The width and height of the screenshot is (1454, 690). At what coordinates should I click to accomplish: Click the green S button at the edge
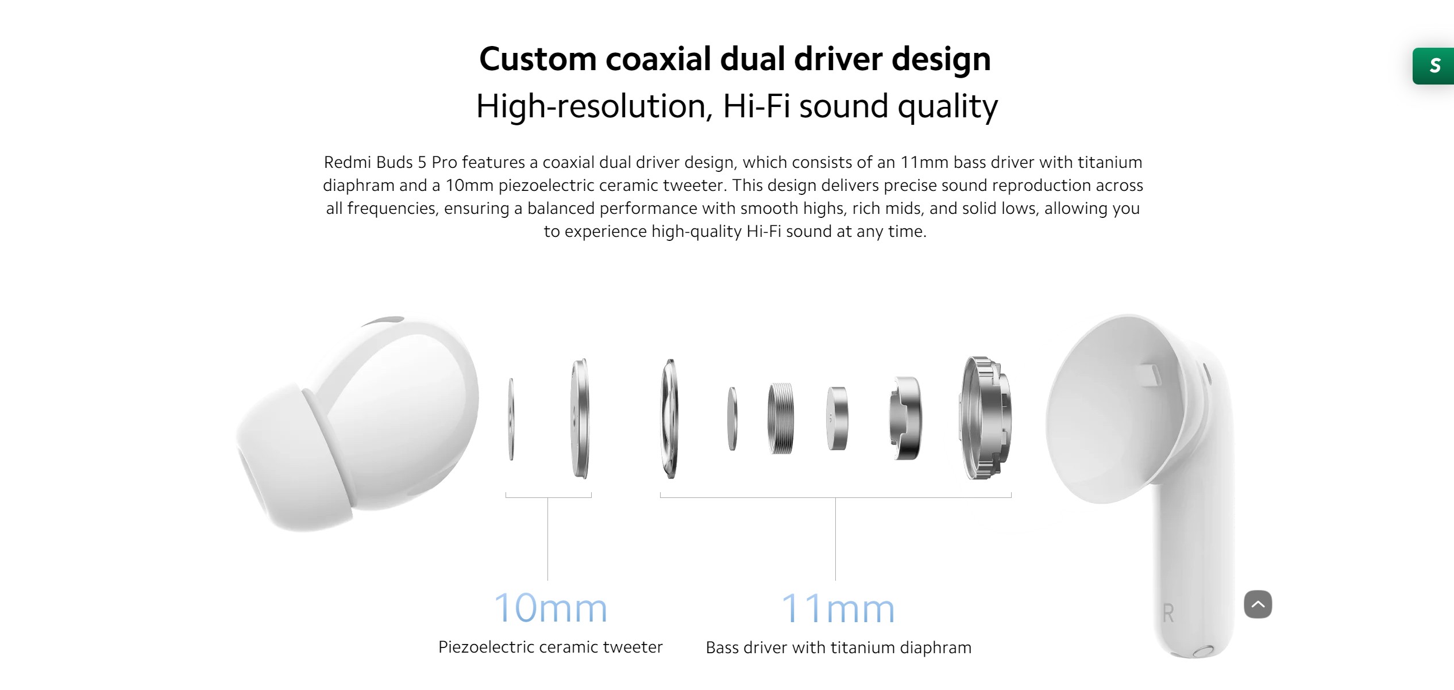click(1434, 66)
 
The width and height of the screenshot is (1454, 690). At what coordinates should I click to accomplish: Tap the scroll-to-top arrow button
click(1258, 604)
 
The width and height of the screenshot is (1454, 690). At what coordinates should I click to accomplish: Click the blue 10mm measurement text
click(550, 608)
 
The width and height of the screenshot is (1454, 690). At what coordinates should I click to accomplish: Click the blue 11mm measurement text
click(838, 608)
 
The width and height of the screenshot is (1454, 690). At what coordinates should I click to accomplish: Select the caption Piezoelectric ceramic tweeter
click(550, 647)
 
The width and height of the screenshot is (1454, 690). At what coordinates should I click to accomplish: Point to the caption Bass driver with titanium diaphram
click(838, 648)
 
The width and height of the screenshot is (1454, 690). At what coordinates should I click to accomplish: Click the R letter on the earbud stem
click(1168, 613)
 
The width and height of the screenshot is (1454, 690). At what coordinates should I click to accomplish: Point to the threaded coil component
click(781, 418)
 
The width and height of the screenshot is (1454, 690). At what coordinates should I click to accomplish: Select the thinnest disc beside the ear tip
click(511, 419)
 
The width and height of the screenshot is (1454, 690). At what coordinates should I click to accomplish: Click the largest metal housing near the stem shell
click(985, 418)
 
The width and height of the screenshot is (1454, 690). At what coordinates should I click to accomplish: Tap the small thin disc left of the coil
click(732, 419)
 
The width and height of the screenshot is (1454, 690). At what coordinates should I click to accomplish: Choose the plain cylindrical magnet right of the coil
click(837, 418)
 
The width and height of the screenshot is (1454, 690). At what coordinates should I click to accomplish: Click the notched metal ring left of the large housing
click(905, 418)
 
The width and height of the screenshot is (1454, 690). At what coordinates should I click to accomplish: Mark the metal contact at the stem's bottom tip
click(1204, 651)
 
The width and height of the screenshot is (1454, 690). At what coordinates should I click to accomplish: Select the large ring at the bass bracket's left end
click(670, 419)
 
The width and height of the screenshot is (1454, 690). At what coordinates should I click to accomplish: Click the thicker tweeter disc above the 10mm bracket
click(580, 418)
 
